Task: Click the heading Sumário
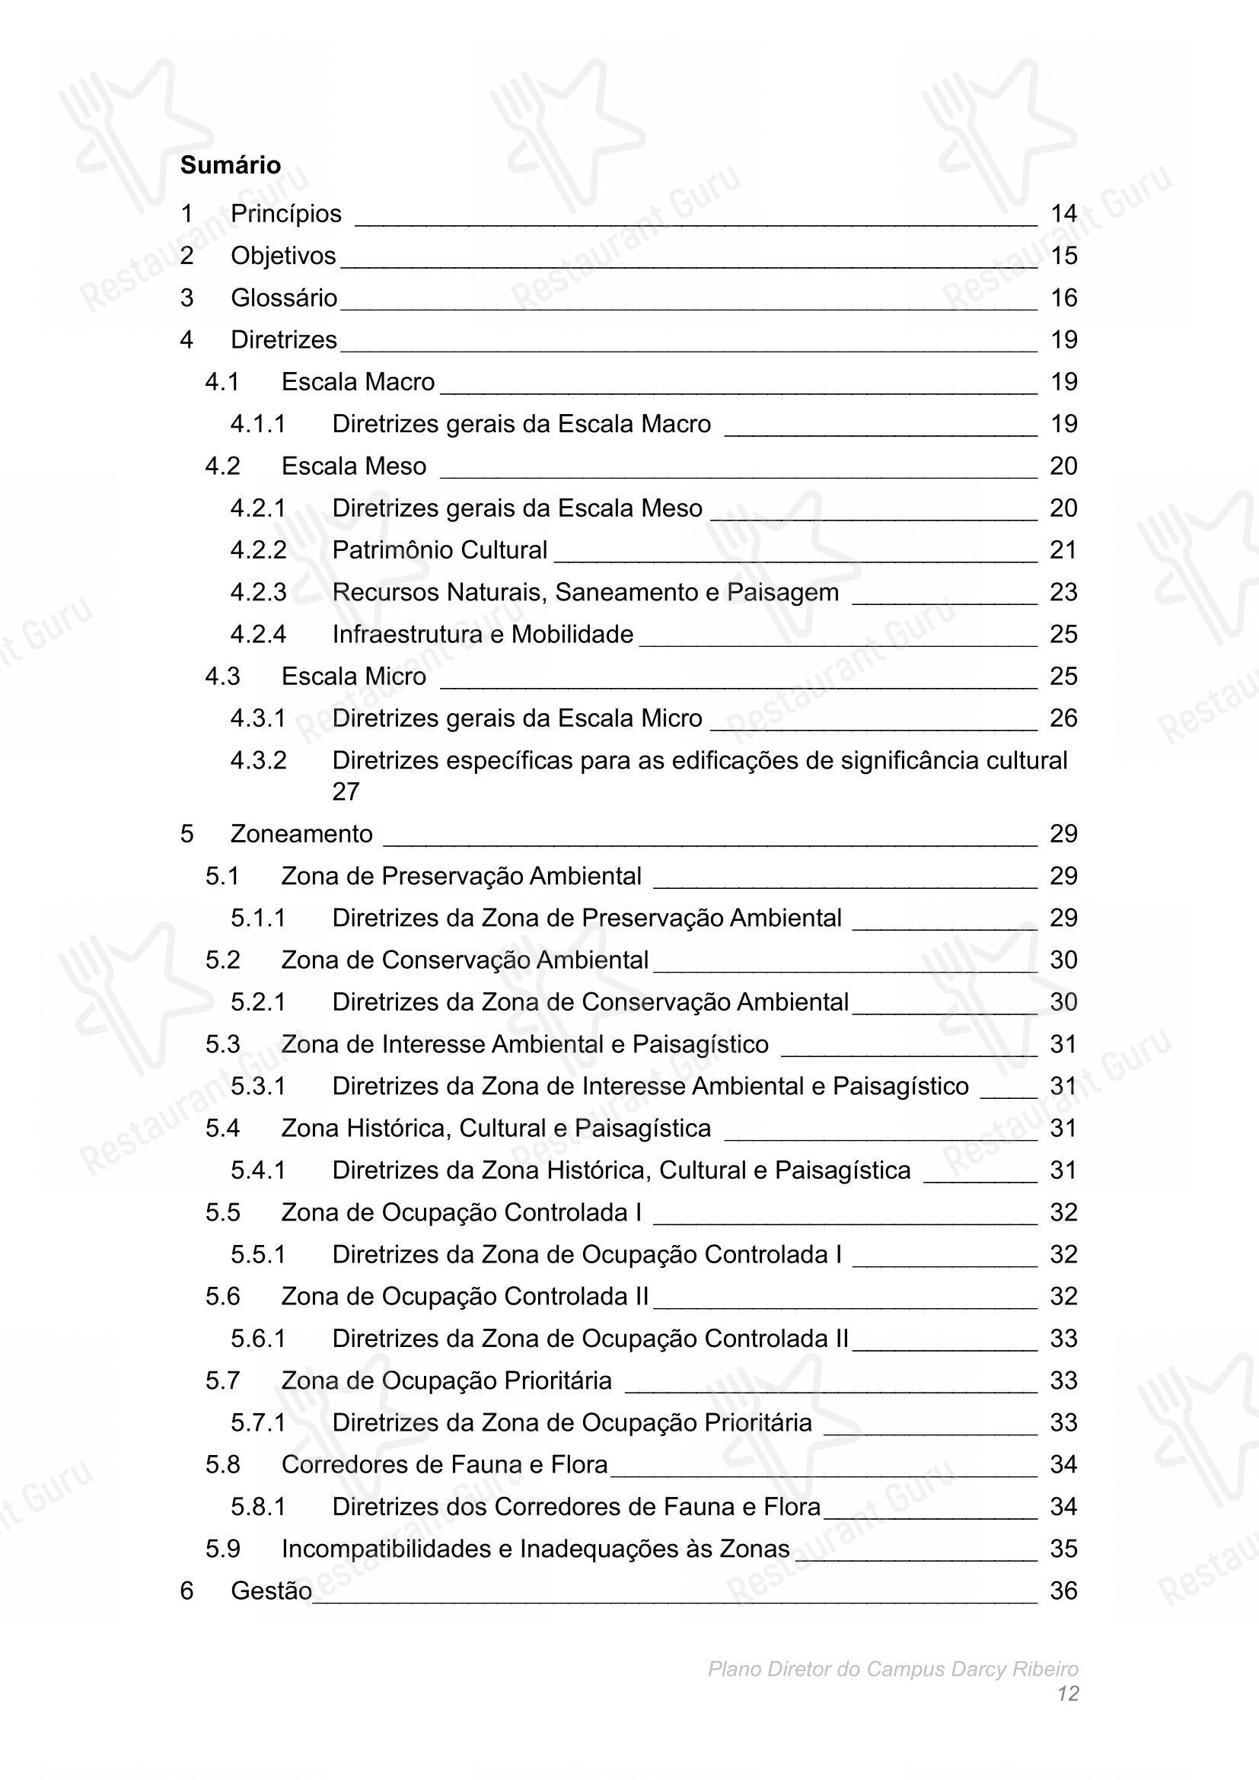(230, 165)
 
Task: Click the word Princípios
(285, 214)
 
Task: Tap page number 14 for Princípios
(1063, 214)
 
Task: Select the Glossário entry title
(284, 298)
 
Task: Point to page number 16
(1063, 298)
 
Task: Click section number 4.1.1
(257, 424)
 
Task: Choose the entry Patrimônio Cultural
(439, 550)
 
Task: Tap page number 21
(1063, 550)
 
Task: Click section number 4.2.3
(257, 592)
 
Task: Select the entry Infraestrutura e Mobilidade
(482, 634)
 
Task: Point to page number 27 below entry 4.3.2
(346, 791)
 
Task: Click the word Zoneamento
(301, 834)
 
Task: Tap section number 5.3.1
(257, 1086)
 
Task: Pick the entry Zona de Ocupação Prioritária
(446, 1380)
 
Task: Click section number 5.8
(222, 1464)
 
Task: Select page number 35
(1063, 1549)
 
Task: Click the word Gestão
(270, 1591)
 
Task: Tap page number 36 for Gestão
(1063, 1591)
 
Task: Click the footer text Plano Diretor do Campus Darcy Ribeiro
(892, 1669)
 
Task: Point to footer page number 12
(1067, 1694)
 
